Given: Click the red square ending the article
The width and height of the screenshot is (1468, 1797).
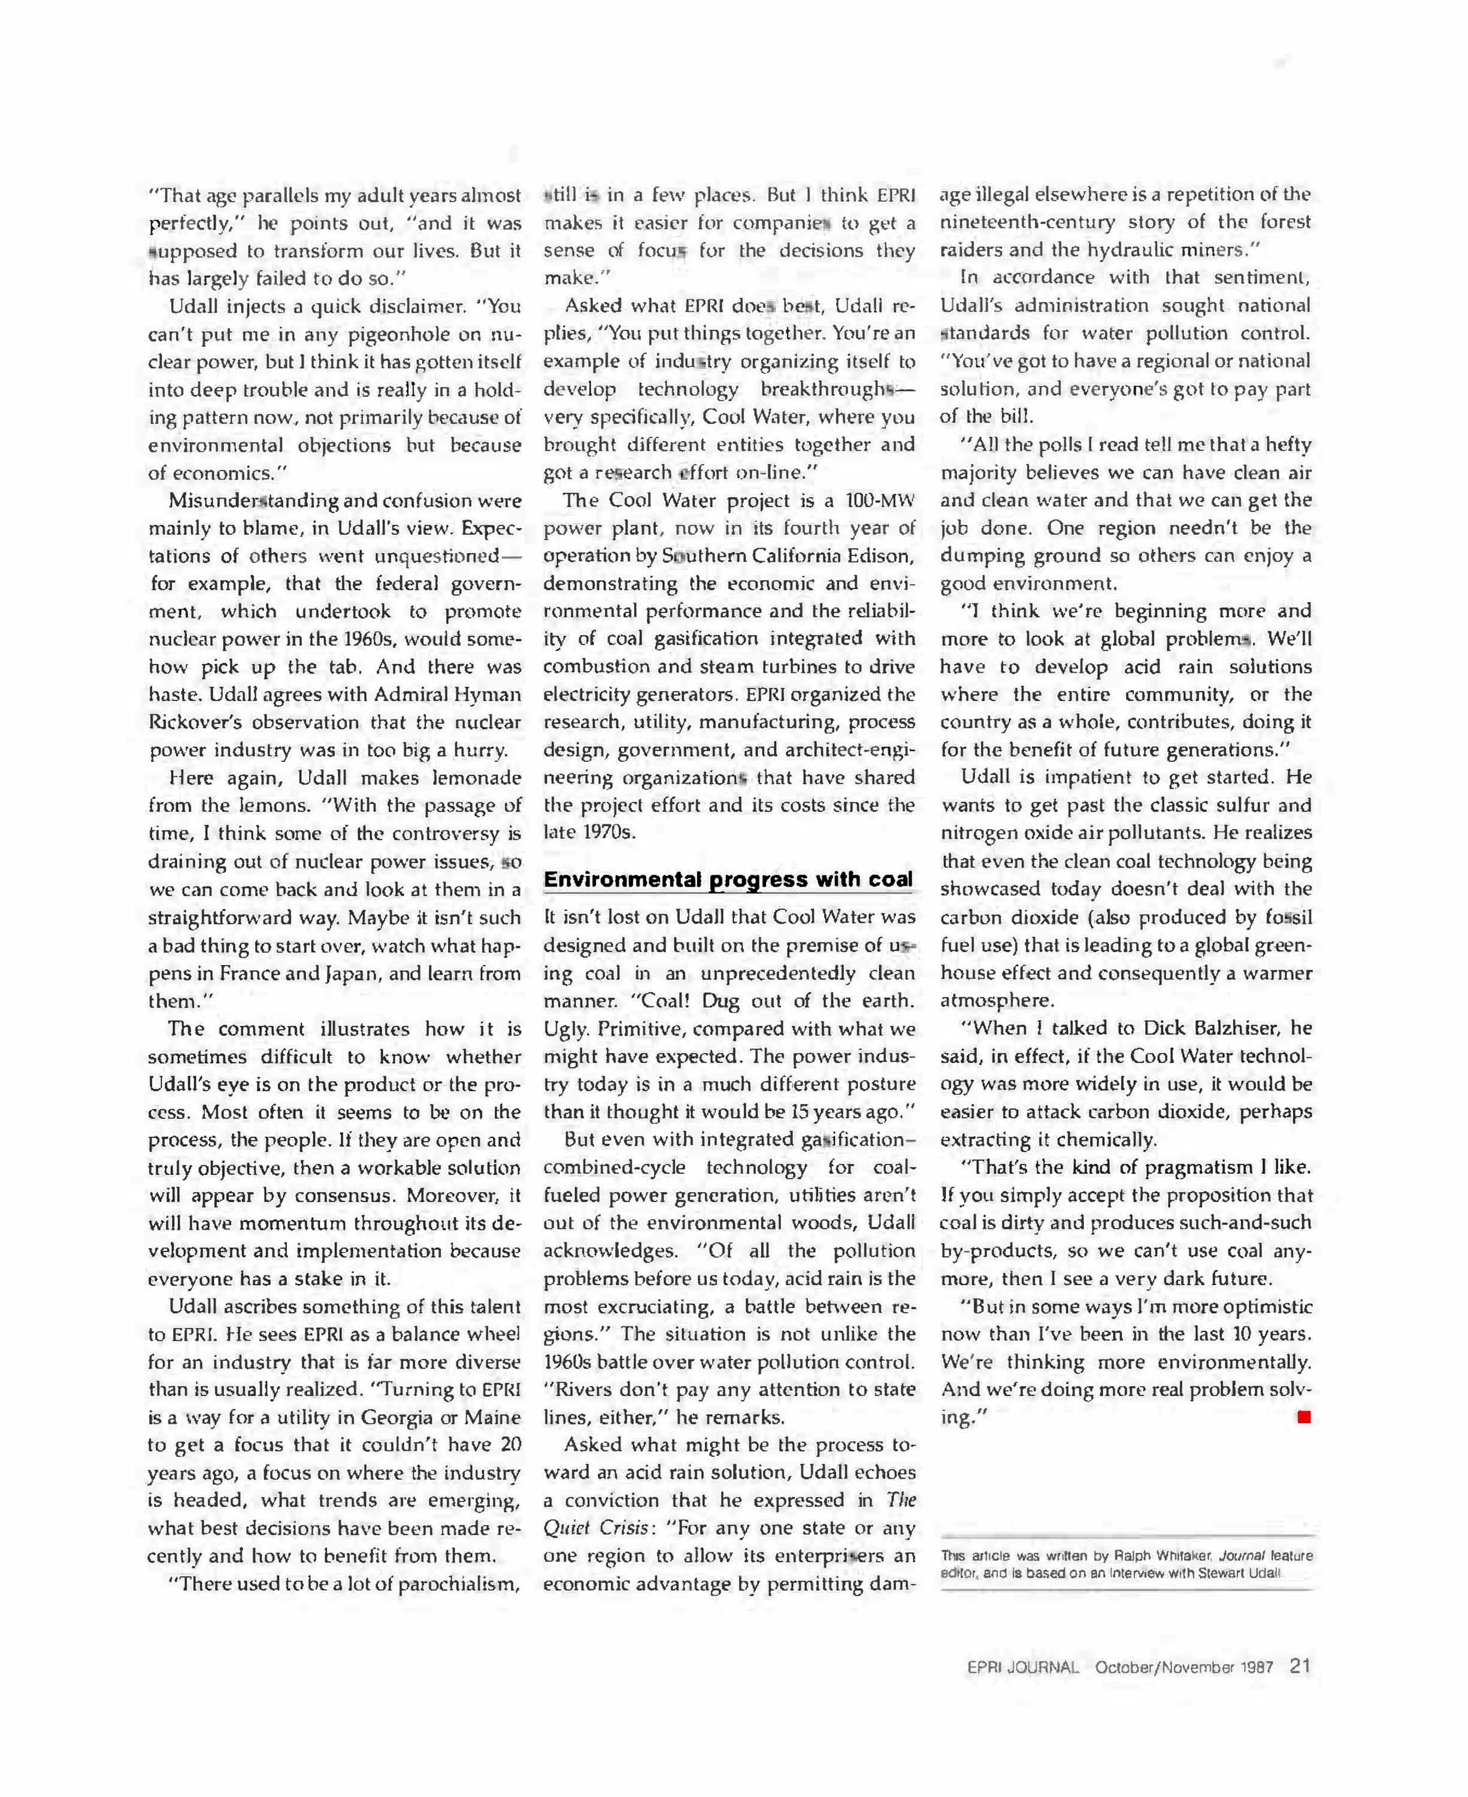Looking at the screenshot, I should (x=1303, y=1417).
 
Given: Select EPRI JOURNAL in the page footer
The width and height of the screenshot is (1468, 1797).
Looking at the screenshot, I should (x=1023, y=1668).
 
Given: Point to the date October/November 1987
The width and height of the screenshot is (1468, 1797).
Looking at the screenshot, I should (x=1184, y=1668).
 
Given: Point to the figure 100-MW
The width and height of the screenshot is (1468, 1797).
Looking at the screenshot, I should (x=879, y=501).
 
